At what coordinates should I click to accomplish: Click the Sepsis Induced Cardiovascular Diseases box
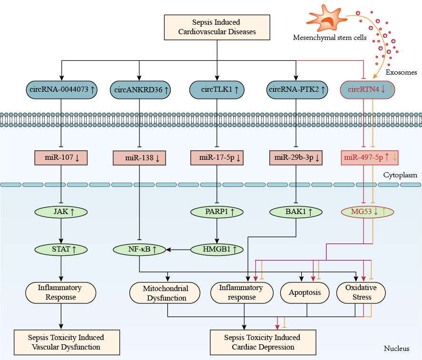(x=217, y=27)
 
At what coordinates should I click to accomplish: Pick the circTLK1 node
(x=217, y=89)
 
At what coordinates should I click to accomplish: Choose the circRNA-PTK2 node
(x=296, y=89)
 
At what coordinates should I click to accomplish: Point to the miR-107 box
(x=60, y=157)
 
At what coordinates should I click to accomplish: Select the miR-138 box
(x=139, y=158)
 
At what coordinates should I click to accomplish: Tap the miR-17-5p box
(x=217, y=157)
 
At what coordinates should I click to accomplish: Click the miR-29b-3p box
(x=296, y=157)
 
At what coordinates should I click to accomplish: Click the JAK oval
(x=61, y=212)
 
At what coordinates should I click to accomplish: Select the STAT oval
(x=61, y=249)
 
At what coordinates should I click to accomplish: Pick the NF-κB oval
(x=138, y=249)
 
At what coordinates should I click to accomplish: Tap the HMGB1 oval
(x=217, y=249)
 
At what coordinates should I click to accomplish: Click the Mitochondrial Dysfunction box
(x=166, y=293)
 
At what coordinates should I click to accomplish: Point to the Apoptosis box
(x=305, y=293)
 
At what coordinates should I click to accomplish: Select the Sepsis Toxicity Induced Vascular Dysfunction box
(x=66, y=342)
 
